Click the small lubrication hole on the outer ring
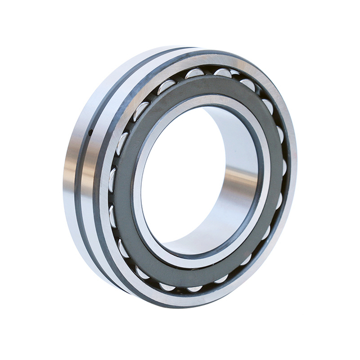tap(90, 132)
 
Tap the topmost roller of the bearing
tap(223, 73)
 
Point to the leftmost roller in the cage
tap(112, 179)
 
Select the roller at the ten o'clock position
tap(141, 110)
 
